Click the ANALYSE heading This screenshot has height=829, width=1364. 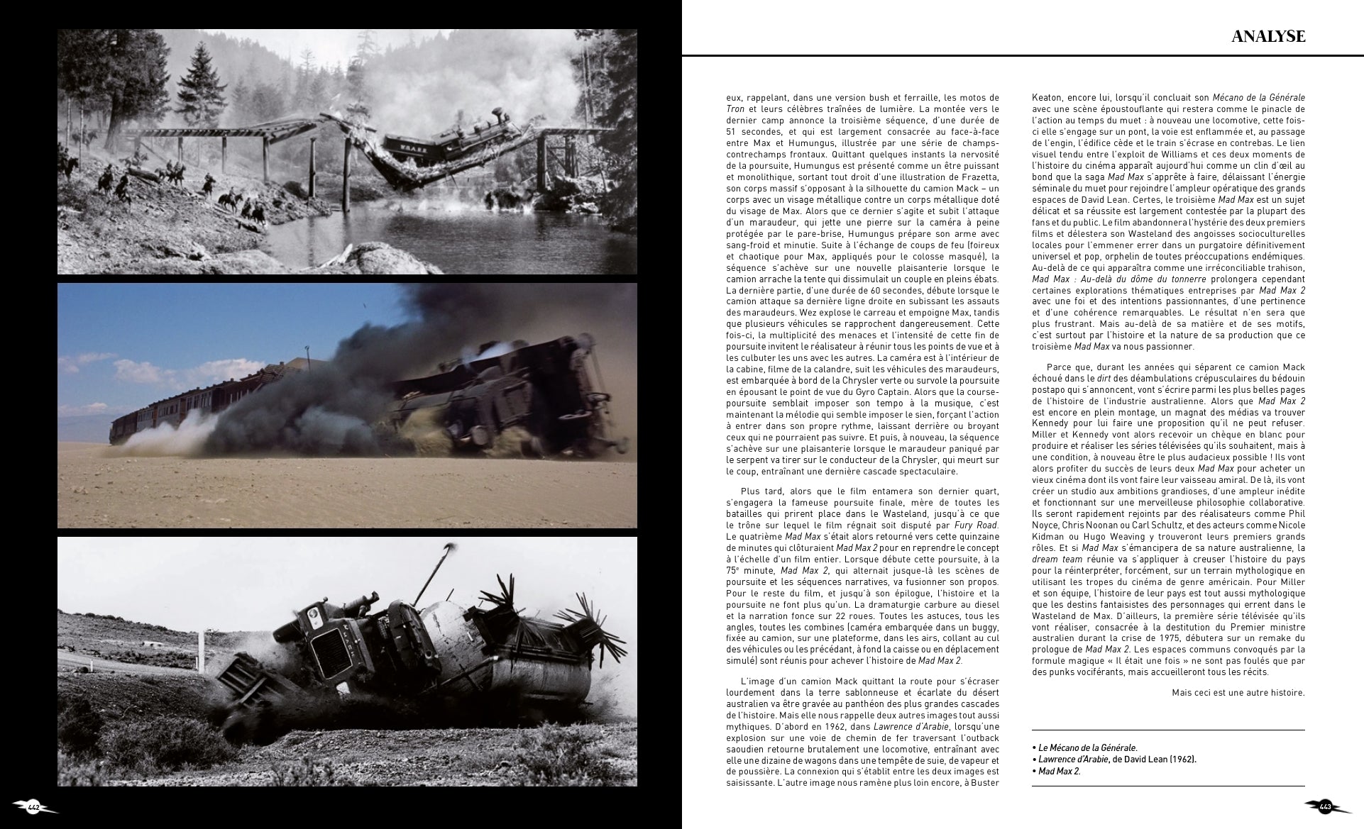[x=1267, y=36]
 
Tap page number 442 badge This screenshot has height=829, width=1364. [x=34, y=807]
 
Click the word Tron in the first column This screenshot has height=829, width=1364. [x=735, y=109]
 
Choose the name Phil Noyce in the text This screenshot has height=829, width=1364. [x=1285, y=514]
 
